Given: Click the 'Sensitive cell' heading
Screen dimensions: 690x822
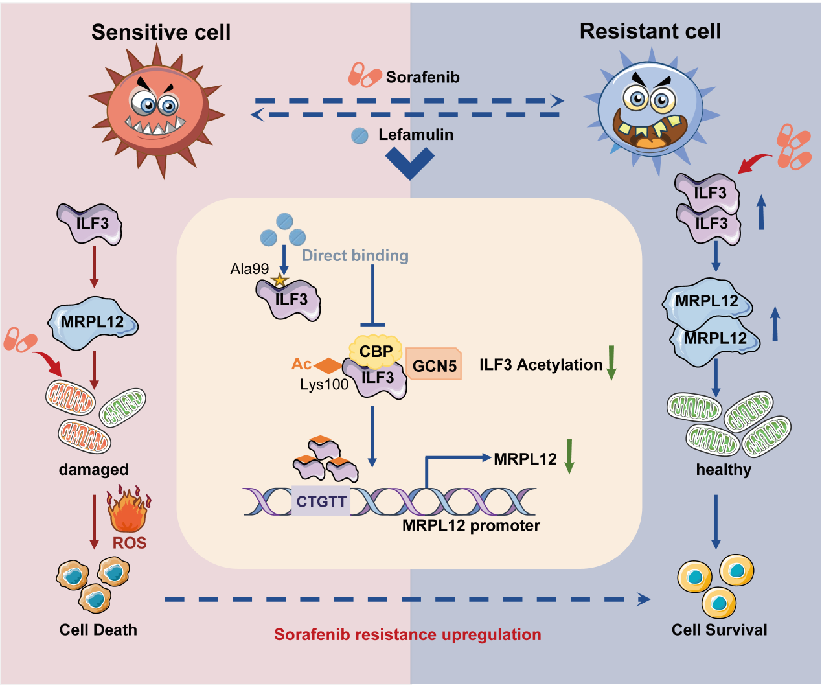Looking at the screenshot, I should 161,32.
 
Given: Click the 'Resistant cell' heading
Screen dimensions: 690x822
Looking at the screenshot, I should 650,31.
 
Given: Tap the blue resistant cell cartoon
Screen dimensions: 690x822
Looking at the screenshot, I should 650,110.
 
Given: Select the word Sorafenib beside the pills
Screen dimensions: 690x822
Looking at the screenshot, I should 422,77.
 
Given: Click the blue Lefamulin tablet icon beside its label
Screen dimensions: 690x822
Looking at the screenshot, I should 360,135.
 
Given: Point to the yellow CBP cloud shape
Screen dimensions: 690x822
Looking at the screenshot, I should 376,351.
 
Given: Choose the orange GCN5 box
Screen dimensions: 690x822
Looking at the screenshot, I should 434,365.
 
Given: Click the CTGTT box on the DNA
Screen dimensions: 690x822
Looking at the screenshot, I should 321,501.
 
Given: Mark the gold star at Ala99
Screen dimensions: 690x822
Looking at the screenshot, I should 279,281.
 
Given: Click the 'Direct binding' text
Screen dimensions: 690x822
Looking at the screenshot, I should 355,256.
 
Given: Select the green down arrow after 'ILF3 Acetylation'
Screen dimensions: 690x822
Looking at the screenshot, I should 611,363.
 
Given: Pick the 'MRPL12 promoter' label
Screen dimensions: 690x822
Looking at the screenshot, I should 471,525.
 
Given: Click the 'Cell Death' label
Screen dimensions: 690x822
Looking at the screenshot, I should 98,630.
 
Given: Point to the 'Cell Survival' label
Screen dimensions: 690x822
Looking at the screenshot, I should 719,630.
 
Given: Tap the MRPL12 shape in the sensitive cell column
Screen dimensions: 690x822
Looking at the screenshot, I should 93,321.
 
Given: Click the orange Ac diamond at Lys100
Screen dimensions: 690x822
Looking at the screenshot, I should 327,365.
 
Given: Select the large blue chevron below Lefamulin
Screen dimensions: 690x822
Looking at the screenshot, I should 409,163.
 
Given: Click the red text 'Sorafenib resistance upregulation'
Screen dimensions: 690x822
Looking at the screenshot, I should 407,634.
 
